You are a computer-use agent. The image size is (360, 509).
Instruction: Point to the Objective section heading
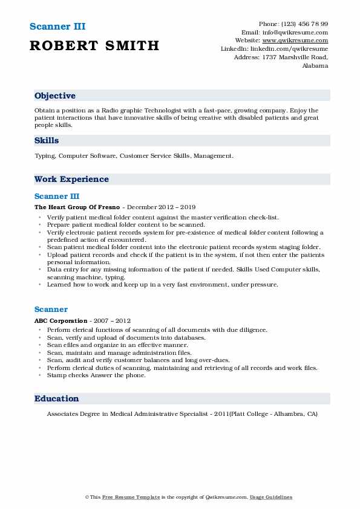pyautogui.click(x=55, y=96)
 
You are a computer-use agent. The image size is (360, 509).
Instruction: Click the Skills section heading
pyautogui.click(x=47, y=140)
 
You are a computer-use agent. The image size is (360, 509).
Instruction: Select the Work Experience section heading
pyautogui.click(x=71, y=179)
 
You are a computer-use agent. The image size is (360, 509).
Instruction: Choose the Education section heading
pyautogui.click(x=56, y=398)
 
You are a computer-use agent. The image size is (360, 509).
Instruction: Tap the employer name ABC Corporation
pyautogui.click(x=61, y=320)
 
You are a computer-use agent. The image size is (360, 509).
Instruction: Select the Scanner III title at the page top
pyautogui.click(x=57, y=27)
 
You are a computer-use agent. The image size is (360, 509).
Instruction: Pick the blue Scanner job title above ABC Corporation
pyautogui.click(x=51, y=310)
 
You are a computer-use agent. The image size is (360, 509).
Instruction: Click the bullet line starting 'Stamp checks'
pyautogui.click(x=96, y=375)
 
